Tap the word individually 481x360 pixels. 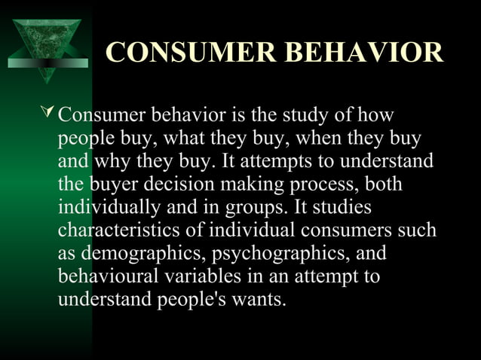pyautogui.click(x=106, y=207)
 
